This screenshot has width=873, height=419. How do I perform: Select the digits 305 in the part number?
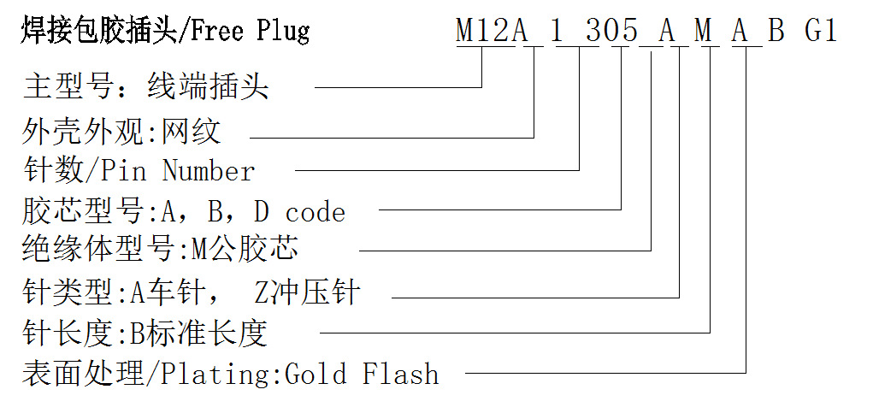[x=611, y=31]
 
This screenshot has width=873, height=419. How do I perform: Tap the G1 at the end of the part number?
[x=821, y=31]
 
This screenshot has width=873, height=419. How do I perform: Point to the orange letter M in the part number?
[x=703, y=31]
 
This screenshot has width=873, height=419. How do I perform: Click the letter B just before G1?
[x=776, y=31]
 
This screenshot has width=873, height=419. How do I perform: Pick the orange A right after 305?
[x=667, y=31]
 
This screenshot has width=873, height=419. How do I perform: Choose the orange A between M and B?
[x=740, y=31]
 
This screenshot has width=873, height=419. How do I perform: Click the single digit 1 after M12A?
[x=557, y=31]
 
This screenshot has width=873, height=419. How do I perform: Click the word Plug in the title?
[x=283, y=32]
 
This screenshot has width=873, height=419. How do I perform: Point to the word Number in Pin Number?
[x=209, y=171]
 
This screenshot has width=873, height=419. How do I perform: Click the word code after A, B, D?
[x=315, y=212]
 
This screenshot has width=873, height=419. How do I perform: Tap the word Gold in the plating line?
[x=315, y=375]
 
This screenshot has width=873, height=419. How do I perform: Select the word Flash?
[x=400, y=375]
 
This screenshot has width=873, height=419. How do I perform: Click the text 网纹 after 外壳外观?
[x=193, y=131]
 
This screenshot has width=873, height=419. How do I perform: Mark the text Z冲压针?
[x=307, y=293]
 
